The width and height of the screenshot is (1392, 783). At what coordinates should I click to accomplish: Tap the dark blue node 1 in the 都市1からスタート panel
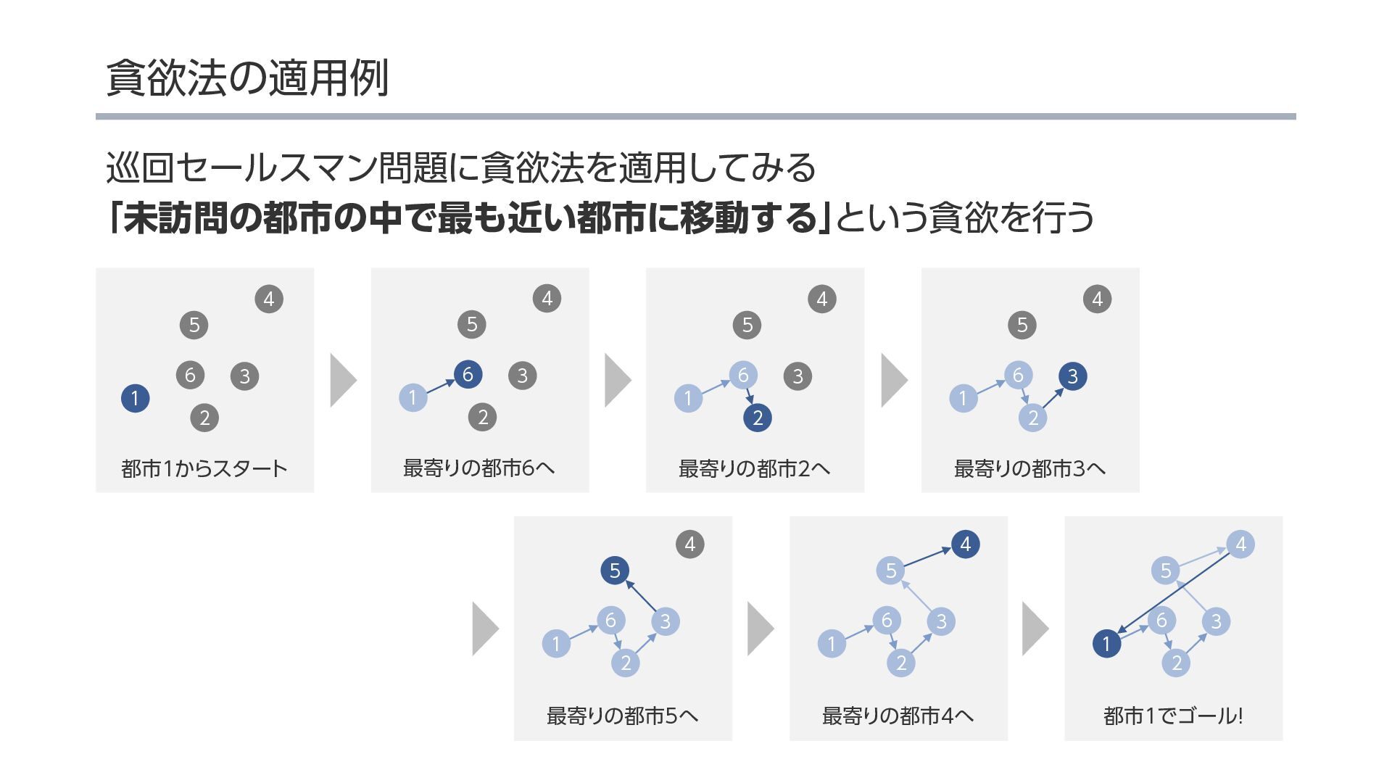(135, 398)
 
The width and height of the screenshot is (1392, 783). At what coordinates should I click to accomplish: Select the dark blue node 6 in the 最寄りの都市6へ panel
(468, 374)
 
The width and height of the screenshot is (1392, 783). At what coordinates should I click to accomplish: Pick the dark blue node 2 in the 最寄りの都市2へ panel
(758, 418)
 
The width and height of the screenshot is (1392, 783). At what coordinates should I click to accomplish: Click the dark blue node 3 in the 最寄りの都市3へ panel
(1072, 376)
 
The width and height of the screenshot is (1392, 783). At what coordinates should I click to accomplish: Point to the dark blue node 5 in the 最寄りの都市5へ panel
(615, 571)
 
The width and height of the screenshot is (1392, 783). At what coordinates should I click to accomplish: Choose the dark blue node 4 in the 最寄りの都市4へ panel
(965, 544)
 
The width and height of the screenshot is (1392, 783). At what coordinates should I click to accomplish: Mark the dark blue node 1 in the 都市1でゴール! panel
(1106, 644)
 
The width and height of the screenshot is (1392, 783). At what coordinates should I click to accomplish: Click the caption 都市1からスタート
(204, 468)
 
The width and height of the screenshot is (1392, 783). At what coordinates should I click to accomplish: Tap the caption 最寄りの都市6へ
(479, 468)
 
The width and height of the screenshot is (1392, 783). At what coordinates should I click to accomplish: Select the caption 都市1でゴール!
(1173, 716)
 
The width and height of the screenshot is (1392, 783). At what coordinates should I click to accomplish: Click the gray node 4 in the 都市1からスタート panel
(269, 299)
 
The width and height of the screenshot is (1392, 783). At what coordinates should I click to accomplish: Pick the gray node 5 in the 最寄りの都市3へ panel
(1022, 325)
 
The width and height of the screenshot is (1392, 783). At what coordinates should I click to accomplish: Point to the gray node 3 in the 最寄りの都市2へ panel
(797, 376)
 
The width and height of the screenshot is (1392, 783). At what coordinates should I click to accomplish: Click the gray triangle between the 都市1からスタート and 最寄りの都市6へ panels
(342, 380)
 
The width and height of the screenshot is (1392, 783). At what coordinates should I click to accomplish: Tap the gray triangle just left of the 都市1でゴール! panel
(1034, 629)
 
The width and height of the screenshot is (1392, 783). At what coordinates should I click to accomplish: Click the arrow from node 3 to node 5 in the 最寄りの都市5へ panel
(641, 595)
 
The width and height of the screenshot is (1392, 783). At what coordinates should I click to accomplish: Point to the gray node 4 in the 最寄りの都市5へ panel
(689, 544)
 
